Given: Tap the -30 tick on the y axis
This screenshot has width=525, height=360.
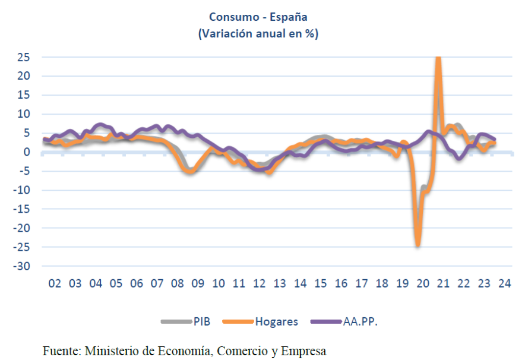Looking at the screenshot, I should click(21, 266).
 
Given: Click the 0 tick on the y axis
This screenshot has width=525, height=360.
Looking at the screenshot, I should click(27, 152).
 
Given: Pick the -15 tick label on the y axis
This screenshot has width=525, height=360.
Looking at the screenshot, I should click(21, 209).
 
